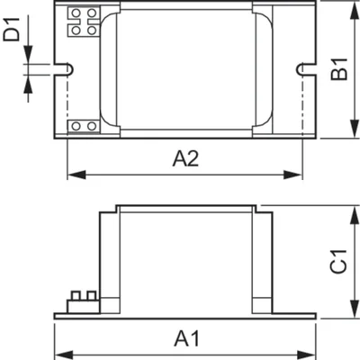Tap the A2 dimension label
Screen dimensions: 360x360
(185, 158)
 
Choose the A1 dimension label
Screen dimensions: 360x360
(185, 339)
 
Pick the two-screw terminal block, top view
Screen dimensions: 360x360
(84, 126)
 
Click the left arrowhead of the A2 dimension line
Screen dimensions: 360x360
(72, 173)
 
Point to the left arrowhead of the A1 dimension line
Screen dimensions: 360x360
(58, 352)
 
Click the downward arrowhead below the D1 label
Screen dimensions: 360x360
(29, 58)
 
